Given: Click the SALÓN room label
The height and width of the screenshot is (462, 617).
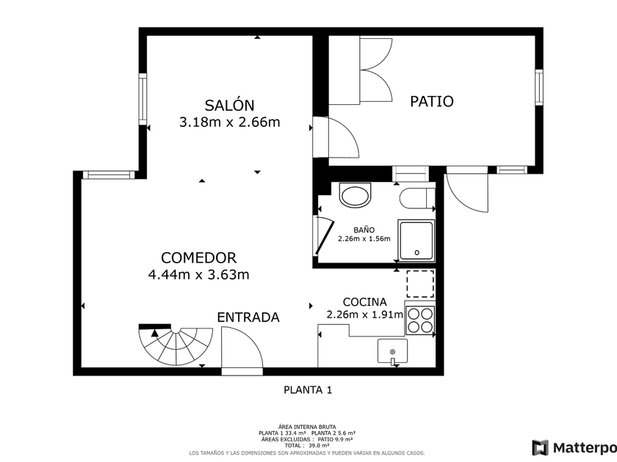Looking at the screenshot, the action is pyautogui.click(x=229, y=106).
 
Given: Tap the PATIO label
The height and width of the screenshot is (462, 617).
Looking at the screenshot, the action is pyautogui.click(x=432, y=101).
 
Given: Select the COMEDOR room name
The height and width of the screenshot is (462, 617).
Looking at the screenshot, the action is pyautogui.click(x=199, y=258).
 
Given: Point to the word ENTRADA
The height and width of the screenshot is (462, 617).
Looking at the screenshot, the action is pyautogui.click(x=248, y=318).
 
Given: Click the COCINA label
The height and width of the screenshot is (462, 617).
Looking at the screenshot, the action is pyautogui.click(x=365, y=302).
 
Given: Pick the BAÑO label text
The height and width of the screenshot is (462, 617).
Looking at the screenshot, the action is pyautogui.click(x=364, y=230).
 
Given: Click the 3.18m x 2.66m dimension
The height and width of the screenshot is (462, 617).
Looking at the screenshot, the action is pyautogui.click(x=230, y=122).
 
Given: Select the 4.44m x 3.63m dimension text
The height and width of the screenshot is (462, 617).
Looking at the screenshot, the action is pyautogui.click(x=199, y=274).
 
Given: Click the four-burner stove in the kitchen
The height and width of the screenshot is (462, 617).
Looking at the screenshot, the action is pyautogui.click(x=420, y=320).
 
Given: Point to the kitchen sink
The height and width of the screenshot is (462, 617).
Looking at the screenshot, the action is pyautogui.click(x=392, y=351).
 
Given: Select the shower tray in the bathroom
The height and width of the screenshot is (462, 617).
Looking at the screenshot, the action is pyautogui.click(x=416, y=241).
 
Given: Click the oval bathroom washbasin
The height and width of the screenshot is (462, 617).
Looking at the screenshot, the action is pyautogui.click(x=356, y=195).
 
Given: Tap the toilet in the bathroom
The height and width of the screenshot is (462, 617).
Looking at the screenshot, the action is pyautogui.click(x=417, y=199).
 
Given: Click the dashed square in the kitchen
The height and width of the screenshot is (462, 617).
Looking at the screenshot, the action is pyautogui.click(x=420, y=284).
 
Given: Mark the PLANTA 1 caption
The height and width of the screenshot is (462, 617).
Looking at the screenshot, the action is pyautogui.click(x=308, y=390).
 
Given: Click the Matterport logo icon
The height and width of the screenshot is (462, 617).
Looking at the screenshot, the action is pyautogui.click(x=541, y=448).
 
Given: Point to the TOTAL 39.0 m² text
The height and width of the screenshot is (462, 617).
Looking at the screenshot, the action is pyautogui.click(x=307, y=446).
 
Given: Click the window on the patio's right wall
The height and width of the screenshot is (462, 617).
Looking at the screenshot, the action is pyautogui.click(x=539, y=87).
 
